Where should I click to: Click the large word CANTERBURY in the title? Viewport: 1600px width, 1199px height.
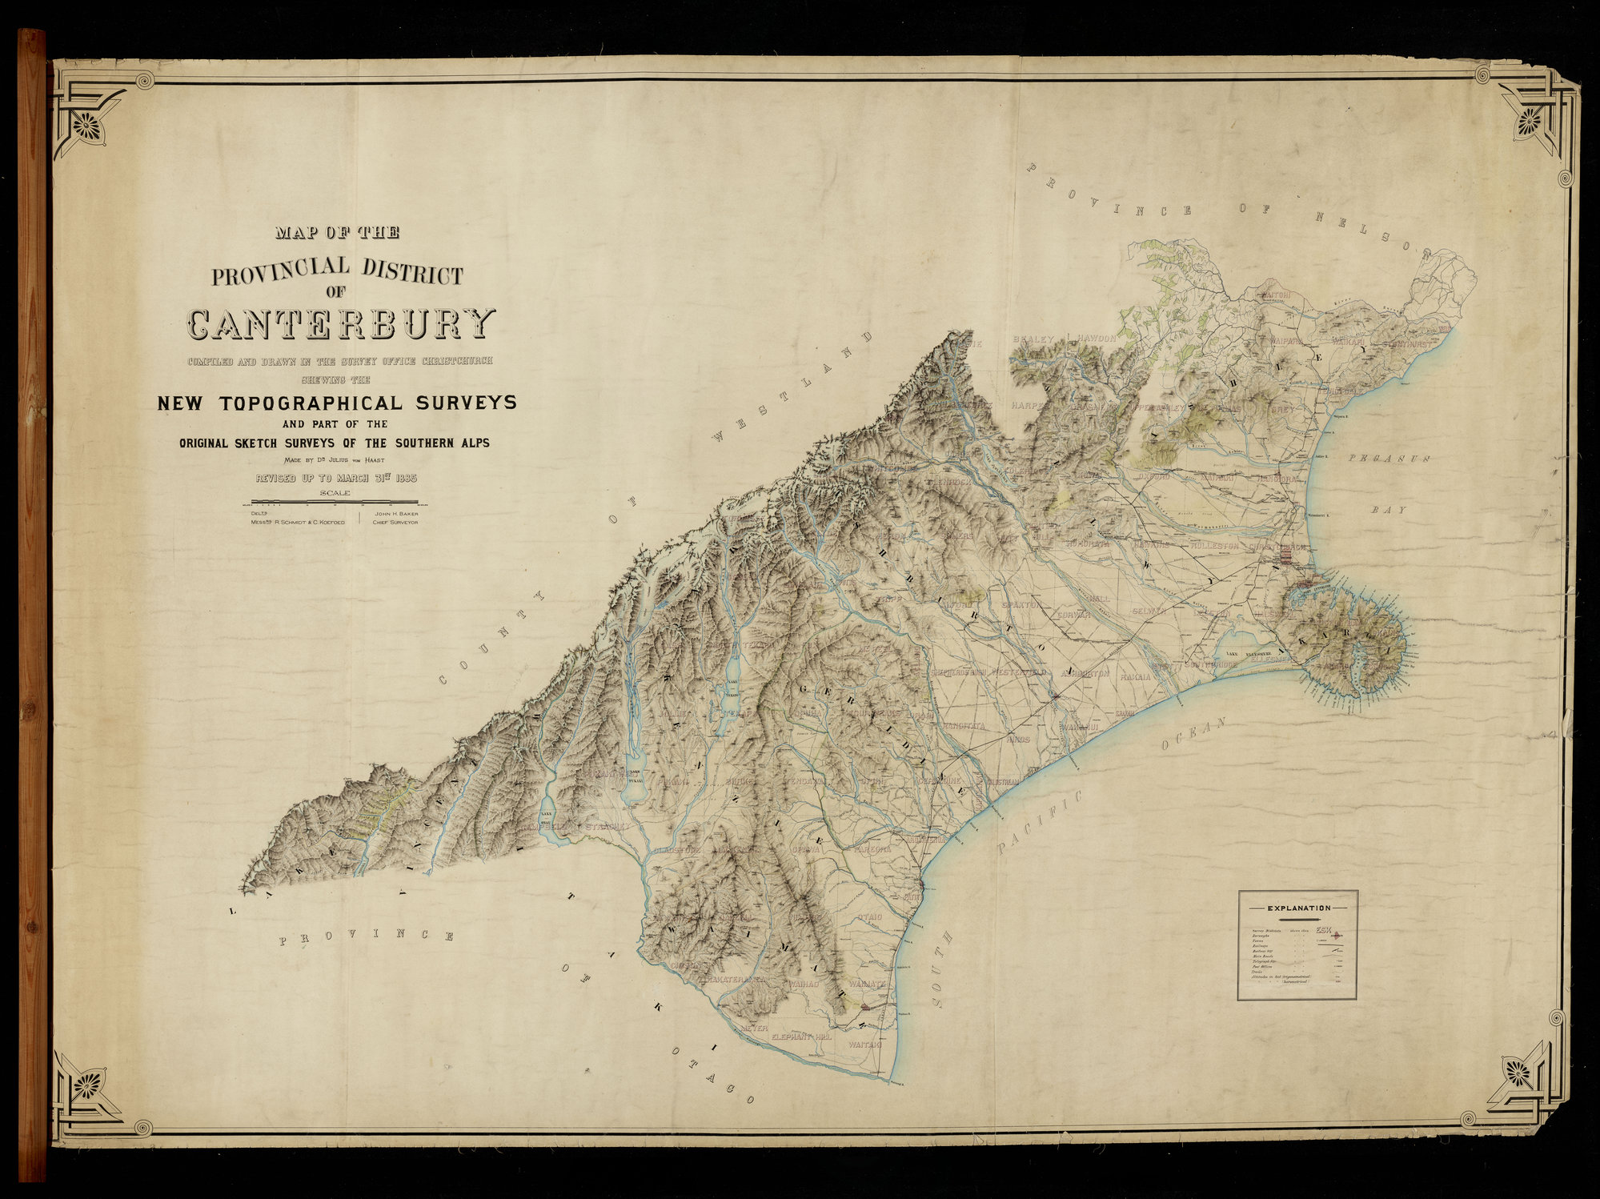click(x=341, y=323)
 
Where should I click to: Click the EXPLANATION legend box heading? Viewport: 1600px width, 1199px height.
click(x=1298, y=908)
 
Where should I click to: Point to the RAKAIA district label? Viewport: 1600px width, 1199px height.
click(x=1135, y=677)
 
